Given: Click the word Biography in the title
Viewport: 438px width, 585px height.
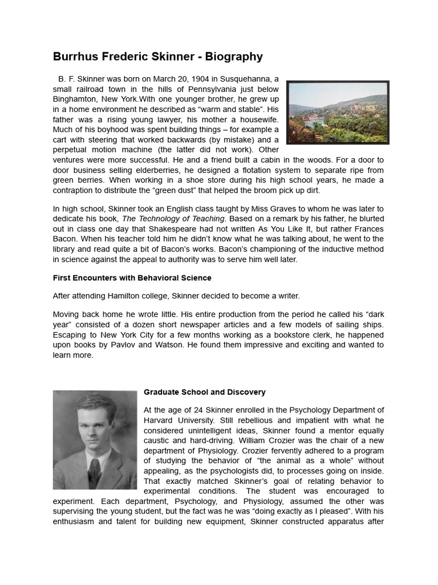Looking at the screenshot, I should tap(234, 57).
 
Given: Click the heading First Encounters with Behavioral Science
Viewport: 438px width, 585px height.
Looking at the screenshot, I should tap(132, 278).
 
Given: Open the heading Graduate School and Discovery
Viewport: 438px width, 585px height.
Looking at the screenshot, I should tap(205, 392).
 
